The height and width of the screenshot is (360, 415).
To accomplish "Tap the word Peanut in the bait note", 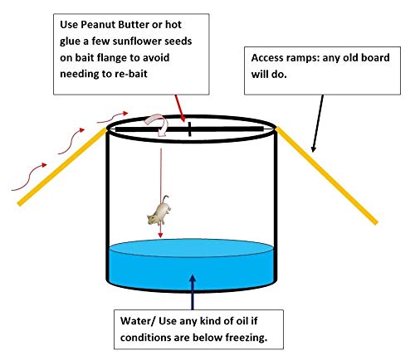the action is click(98, 24).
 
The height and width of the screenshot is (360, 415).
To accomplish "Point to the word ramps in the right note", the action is click(303, 58).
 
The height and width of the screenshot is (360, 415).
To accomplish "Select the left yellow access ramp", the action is click(62, 167).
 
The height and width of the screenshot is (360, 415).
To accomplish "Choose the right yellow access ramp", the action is click(326, 175).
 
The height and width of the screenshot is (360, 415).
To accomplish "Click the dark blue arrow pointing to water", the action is click(193, 292).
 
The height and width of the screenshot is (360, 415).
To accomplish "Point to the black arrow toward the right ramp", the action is click(318, 124).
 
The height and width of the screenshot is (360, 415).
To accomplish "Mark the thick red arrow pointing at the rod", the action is click(180, 108).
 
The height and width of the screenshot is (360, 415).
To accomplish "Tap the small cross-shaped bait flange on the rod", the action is click(189, 129).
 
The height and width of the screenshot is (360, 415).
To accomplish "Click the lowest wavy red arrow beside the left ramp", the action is click(29, 177).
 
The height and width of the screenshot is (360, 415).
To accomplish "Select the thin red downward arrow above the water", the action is click(161, 193).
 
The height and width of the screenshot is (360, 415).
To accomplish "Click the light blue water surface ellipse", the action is click(192, 248).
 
